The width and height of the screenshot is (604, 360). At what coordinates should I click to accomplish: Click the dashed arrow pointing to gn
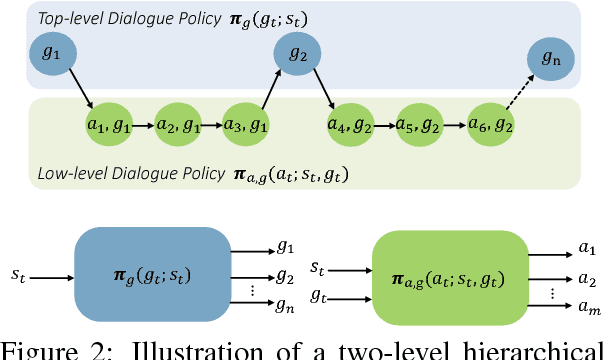coord(517,101)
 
